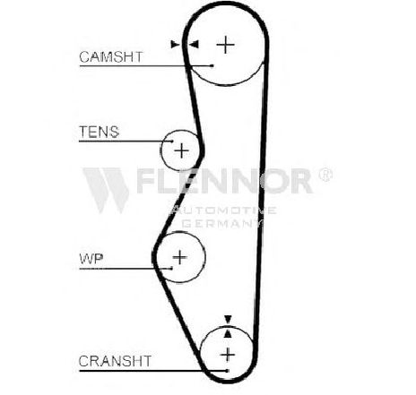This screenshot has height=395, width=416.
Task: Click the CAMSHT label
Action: click(x=111, y=56)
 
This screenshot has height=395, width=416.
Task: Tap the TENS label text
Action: click(x=99, y=132)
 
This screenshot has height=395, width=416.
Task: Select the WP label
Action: click(x=91, y=259)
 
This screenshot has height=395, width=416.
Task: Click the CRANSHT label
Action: click(x=115, y=361)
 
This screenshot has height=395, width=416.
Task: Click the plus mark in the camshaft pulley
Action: click(x=225, y=45)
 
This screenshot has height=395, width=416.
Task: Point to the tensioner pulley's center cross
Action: click(x=181, y=150)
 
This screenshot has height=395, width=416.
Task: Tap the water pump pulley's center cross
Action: click(x=180, y=257)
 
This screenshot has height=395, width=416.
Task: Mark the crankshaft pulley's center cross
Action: click(x=228, y=355)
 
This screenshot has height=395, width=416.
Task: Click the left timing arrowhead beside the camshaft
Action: click(x=175, y=45)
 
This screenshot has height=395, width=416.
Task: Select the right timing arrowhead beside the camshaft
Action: click(x=195, y=45)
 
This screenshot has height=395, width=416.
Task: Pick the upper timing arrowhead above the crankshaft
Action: click(x=228, y=319)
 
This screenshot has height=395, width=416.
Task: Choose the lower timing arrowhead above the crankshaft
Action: click(x=228, y=333)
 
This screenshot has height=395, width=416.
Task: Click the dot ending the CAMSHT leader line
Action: click(x=212, y=65)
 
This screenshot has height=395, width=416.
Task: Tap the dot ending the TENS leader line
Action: click(x=172, y=141)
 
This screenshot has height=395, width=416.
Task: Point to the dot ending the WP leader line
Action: click(x=171, y=269)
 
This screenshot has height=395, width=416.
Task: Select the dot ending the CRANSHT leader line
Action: click(x=228, y=371)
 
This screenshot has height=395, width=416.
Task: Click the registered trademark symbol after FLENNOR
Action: click(x=325, y=175)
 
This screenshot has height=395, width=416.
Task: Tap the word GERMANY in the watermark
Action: click(x=221, y=224)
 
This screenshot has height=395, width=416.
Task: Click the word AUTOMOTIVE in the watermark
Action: click(x=222, y=210)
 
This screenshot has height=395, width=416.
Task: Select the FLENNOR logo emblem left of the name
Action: click(x=106, y=190)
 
